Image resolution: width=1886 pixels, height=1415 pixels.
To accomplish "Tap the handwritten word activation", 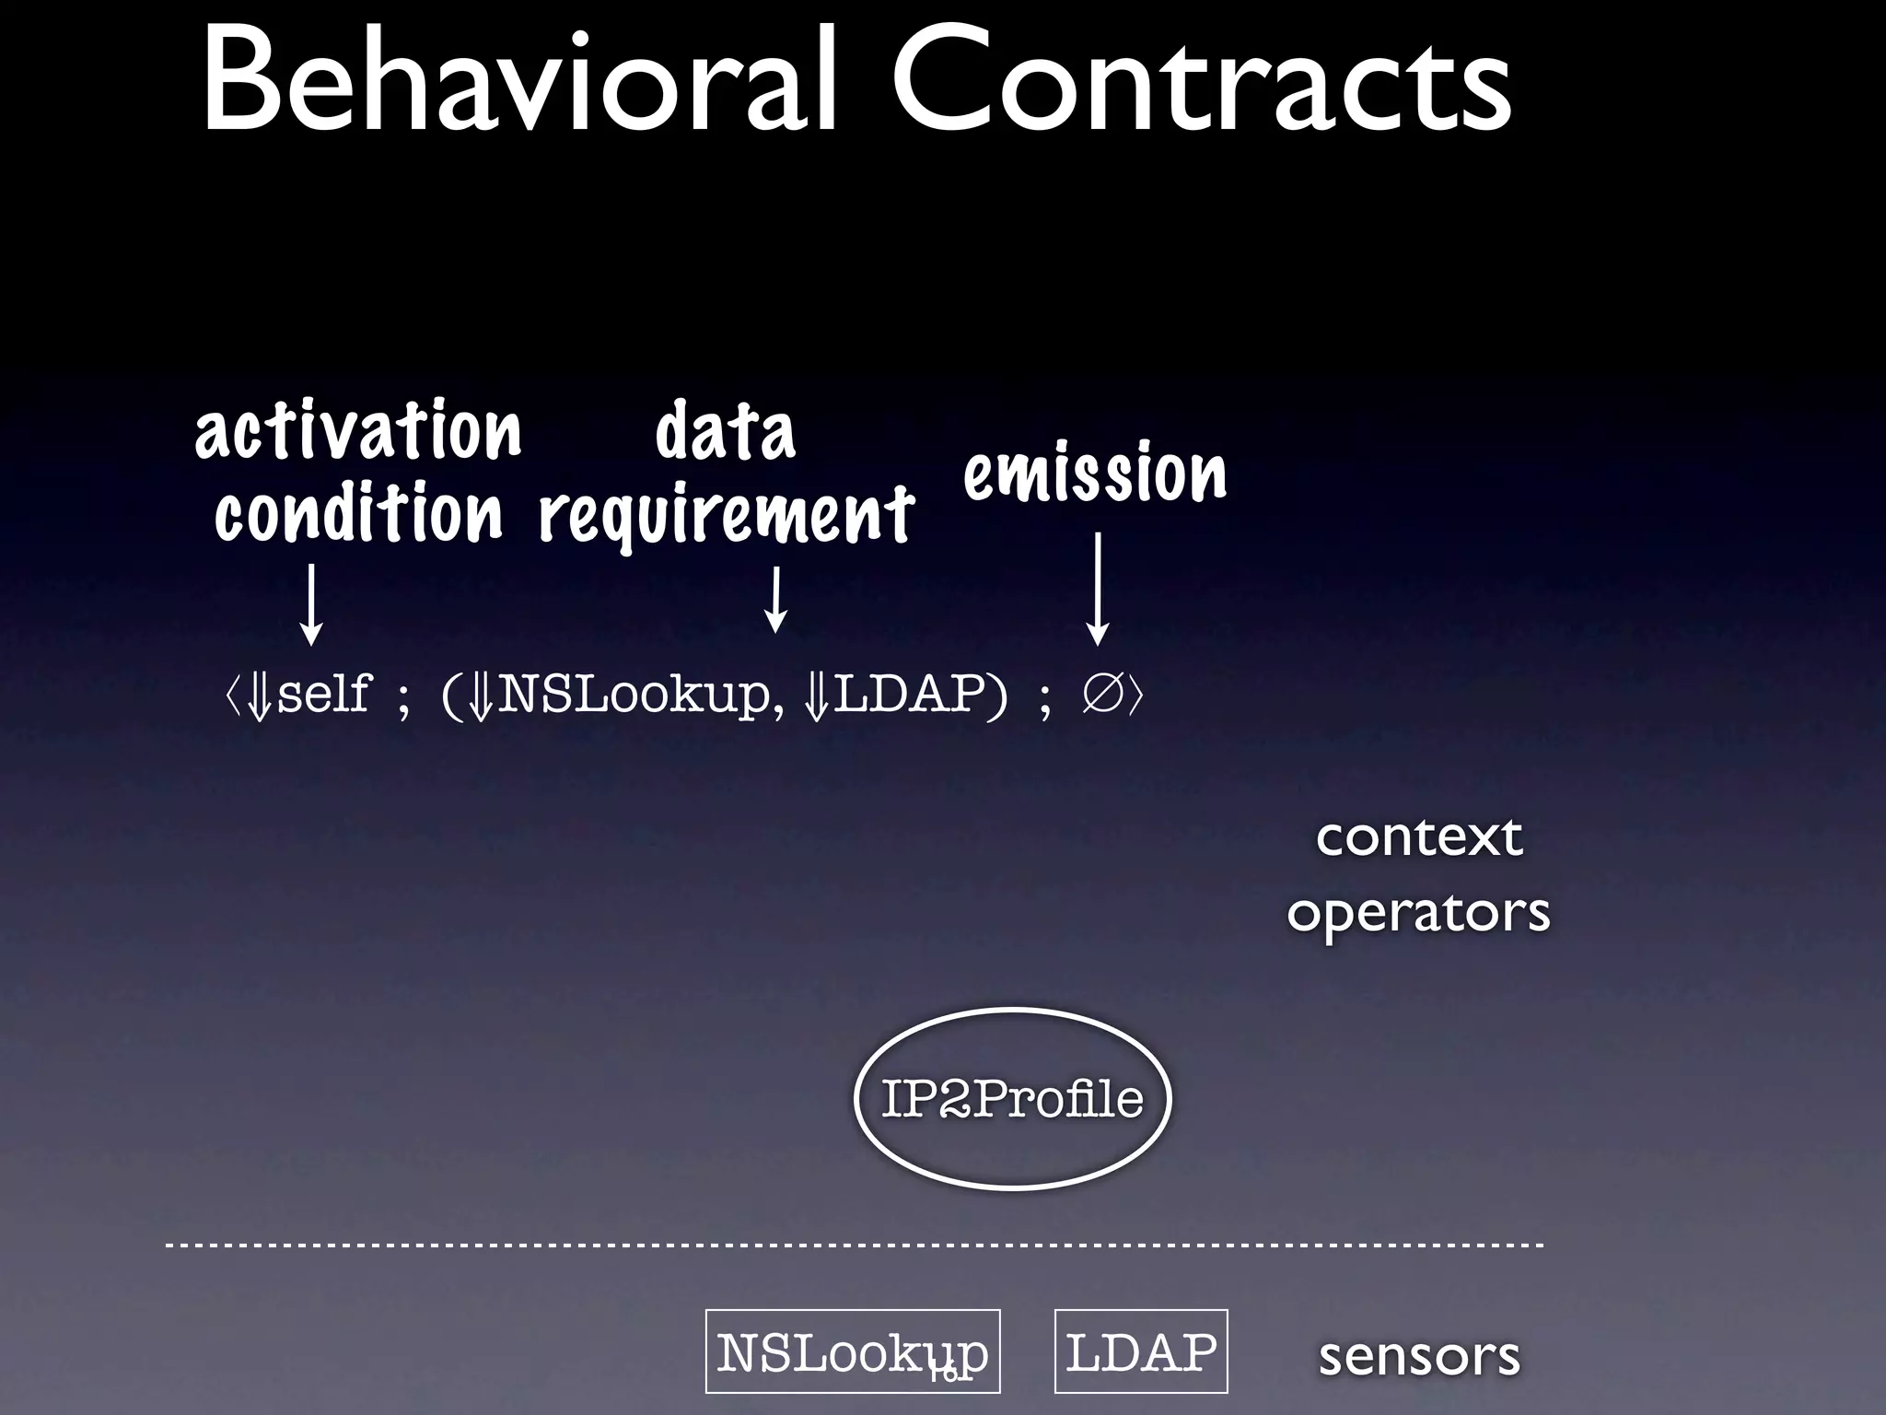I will click(358, 430).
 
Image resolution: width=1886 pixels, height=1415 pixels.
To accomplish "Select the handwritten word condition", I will click(358, 513).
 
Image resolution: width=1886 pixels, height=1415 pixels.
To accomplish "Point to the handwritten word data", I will click(725, 431).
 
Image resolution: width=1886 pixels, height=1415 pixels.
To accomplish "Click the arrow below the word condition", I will click(312, 603).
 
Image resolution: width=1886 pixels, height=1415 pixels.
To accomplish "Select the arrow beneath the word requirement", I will click(776, 599).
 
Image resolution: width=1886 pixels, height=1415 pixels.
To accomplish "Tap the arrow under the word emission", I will click(1097, 590).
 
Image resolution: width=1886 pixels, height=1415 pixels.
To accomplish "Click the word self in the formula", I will click(323, 694).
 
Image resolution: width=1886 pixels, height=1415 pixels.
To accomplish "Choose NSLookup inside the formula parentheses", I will click(635, 694).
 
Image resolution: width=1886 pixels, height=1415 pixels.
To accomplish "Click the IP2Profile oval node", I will click(1012, 1099).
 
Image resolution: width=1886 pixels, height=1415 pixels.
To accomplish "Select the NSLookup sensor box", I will click(853, 1351).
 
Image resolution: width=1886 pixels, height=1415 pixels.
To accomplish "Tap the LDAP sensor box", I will click(1141, 1351).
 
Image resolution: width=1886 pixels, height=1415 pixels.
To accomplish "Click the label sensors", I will click(1419, 1356).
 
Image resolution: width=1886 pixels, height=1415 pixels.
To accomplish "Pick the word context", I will click(1419, 837).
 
